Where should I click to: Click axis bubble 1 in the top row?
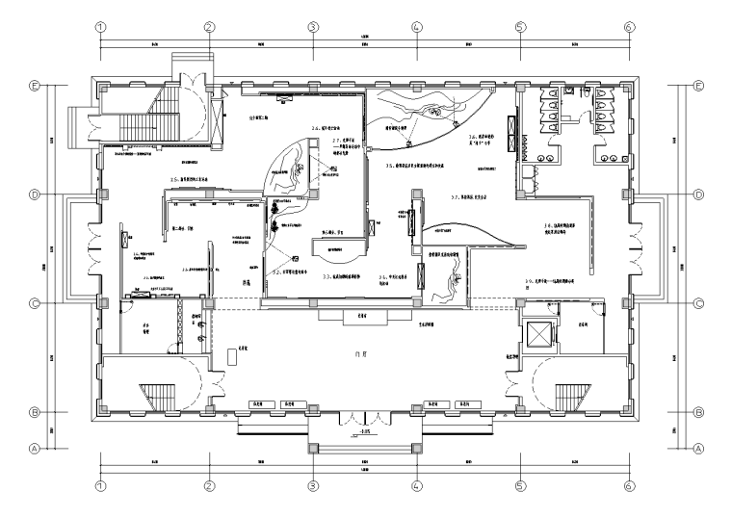(99, 27)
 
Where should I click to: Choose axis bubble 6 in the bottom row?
(628, 487)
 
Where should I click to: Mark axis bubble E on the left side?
(35, 87)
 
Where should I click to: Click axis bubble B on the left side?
(35, 412)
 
